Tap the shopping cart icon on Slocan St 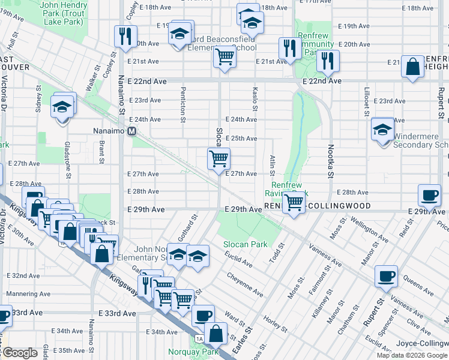coord(218,158)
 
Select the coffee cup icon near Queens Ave coord(386,276)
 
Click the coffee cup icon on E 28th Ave coord(430,195)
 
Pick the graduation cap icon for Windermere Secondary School coord(382,128)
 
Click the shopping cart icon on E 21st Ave coord(224,58)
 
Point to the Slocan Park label coord(246,244)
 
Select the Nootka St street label coord(330,161)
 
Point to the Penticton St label coord(182,102)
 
